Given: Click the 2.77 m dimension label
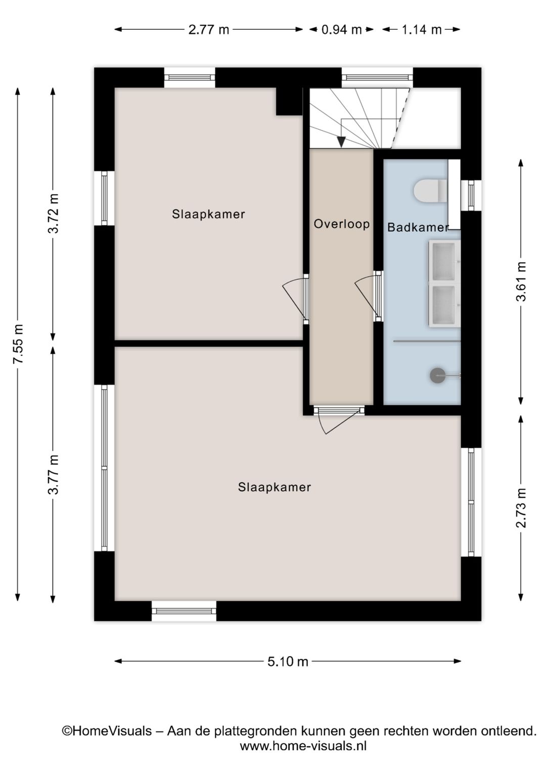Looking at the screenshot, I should coord(208,30).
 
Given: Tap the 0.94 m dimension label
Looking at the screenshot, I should coord(341,30).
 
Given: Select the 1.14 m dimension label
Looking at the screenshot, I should coord(422,30).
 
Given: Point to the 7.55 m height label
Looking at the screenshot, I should coord(18,344).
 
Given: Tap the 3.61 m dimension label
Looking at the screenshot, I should coord(521,282).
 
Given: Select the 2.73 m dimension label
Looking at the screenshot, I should coord(521,508).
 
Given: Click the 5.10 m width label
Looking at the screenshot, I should coord(288,661).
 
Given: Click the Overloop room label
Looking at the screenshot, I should coord(342,224).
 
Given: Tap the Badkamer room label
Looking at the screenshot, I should coord(418,227).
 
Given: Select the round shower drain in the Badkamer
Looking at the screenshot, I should coord(437,375).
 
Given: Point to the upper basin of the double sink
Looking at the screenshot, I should coord(444,261).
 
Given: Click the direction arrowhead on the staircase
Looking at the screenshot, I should coord(341,142).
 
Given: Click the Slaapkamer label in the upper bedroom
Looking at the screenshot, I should coord(208,214).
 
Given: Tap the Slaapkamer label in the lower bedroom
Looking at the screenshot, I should coord(275,487).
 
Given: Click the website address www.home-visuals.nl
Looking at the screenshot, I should coord(303,746).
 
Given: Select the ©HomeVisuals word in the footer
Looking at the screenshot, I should coord(107,731).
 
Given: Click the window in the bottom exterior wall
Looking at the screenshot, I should coord(184,611).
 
